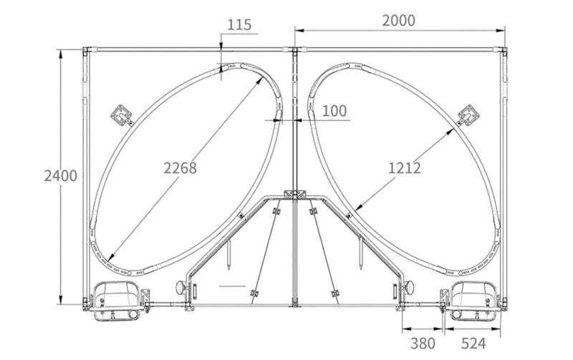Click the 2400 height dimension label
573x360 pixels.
click(x=61, y=176)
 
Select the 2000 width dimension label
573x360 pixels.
click(x=399, y=21)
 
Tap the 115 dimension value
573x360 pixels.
click(x=239, y=25)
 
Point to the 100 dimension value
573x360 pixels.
click(x=334, y=111)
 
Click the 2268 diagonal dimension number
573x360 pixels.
click(x=180, y=168)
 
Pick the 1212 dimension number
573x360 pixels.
click(x=404, y=168)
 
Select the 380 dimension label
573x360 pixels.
click(x=423, y=344)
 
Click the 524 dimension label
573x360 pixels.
click(x=473, y=344)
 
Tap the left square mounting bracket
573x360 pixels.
click(x=122, y=115)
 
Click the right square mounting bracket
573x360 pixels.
click(x=468, y=115)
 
